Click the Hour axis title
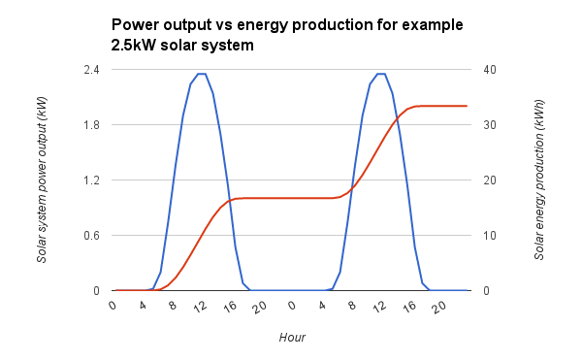click(292, 337)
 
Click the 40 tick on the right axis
click(490, 70)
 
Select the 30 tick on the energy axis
click(490, 125)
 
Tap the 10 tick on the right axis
click(490, 236)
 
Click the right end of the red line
click(468, 106)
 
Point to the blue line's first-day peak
click(202, 74)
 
